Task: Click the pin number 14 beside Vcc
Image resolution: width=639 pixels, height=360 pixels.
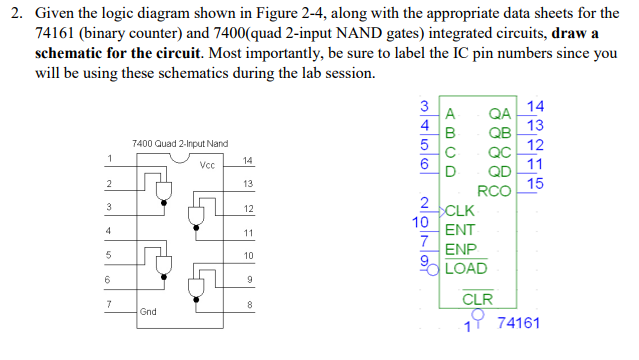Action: pyautogui.click(x=248, y=160)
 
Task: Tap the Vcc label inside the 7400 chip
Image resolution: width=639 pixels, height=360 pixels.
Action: pyautogui.click(x=208, y=165)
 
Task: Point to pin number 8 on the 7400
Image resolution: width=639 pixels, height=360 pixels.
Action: pyautogui.click(x=248, y=304)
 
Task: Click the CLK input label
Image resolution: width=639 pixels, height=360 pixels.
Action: pyautogui.click(x=461, y=210)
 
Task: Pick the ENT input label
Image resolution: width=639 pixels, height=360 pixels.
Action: pyautogui.click(x=460, y=229)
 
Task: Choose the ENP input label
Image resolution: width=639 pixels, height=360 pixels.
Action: pyautogui.click(x=460, y=249)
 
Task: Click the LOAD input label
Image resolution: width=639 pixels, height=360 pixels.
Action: pyautogui.click(x=465, y=268)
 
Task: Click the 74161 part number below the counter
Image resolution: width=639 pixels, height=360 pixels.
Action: pyautogui.click(x=517, y=324)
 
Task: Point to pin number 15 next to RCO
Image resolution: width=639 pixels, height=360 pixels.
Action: pyautogui.click(x=535, y=183)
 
